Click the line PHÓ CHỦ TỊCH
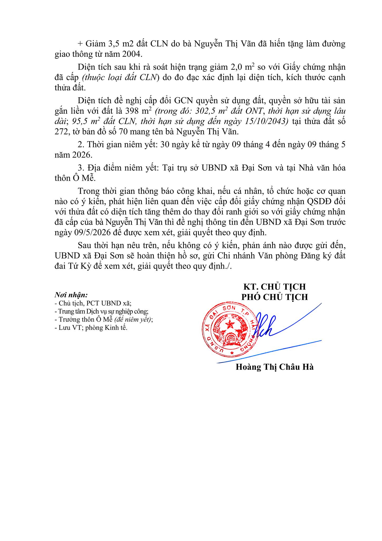pyautogui.click(x=275, y=297)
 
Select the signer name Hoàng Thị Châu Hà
pyautogui.click(x=275, y=367)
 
